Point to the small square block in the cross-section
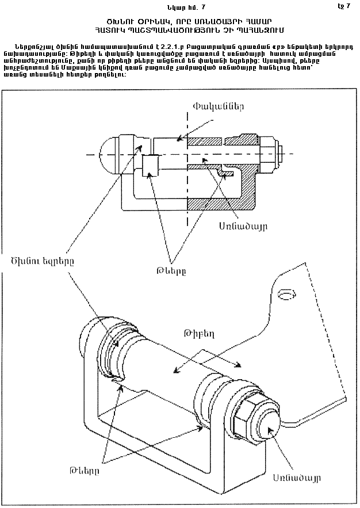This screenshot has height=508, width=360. tap(151, 167)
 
